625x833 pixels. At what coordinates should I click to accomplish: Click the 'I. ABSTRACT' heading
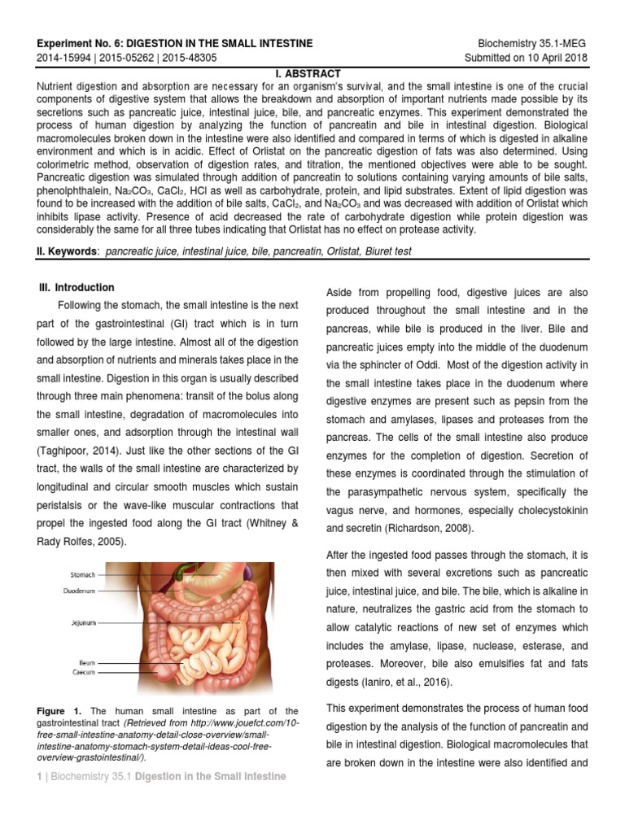coord(312,73)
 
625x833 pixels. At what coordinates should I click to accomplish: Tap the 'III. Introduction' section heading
coord(77,287)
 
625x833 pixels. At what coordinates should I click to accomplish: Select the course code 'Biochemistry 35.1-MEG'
coord(534,43)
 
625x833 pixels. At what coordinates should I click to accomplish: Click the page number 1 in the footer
coord(40,777)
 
